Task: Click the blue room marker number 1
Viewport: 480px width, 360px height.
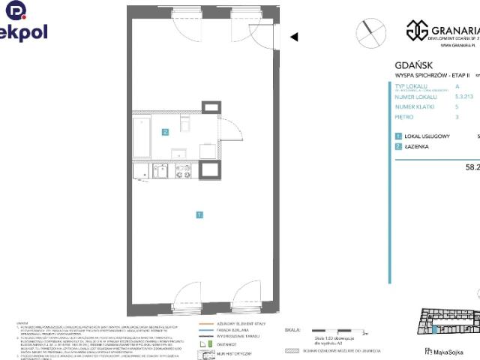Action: (x=199, y=215)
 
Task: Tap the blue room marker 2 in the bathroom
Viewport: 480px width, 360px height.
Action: (x=165, y=133)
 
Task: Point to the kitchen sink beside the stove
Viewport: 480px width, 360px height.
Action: (x=160, y=171)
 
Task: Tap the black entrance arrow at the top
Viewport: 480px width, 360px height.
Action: (x=294, y=36)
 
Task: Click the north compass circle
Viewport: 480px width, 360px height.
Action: (x=367, y=31)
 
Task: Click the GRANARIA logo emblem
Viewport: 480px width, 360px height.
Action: (x=417, y=30)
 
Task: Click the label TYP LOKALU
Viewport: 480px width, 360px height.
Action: (x=411, y=86)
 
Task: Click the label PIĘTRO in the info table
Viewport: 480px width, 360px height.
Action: (x=406, y=117)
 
